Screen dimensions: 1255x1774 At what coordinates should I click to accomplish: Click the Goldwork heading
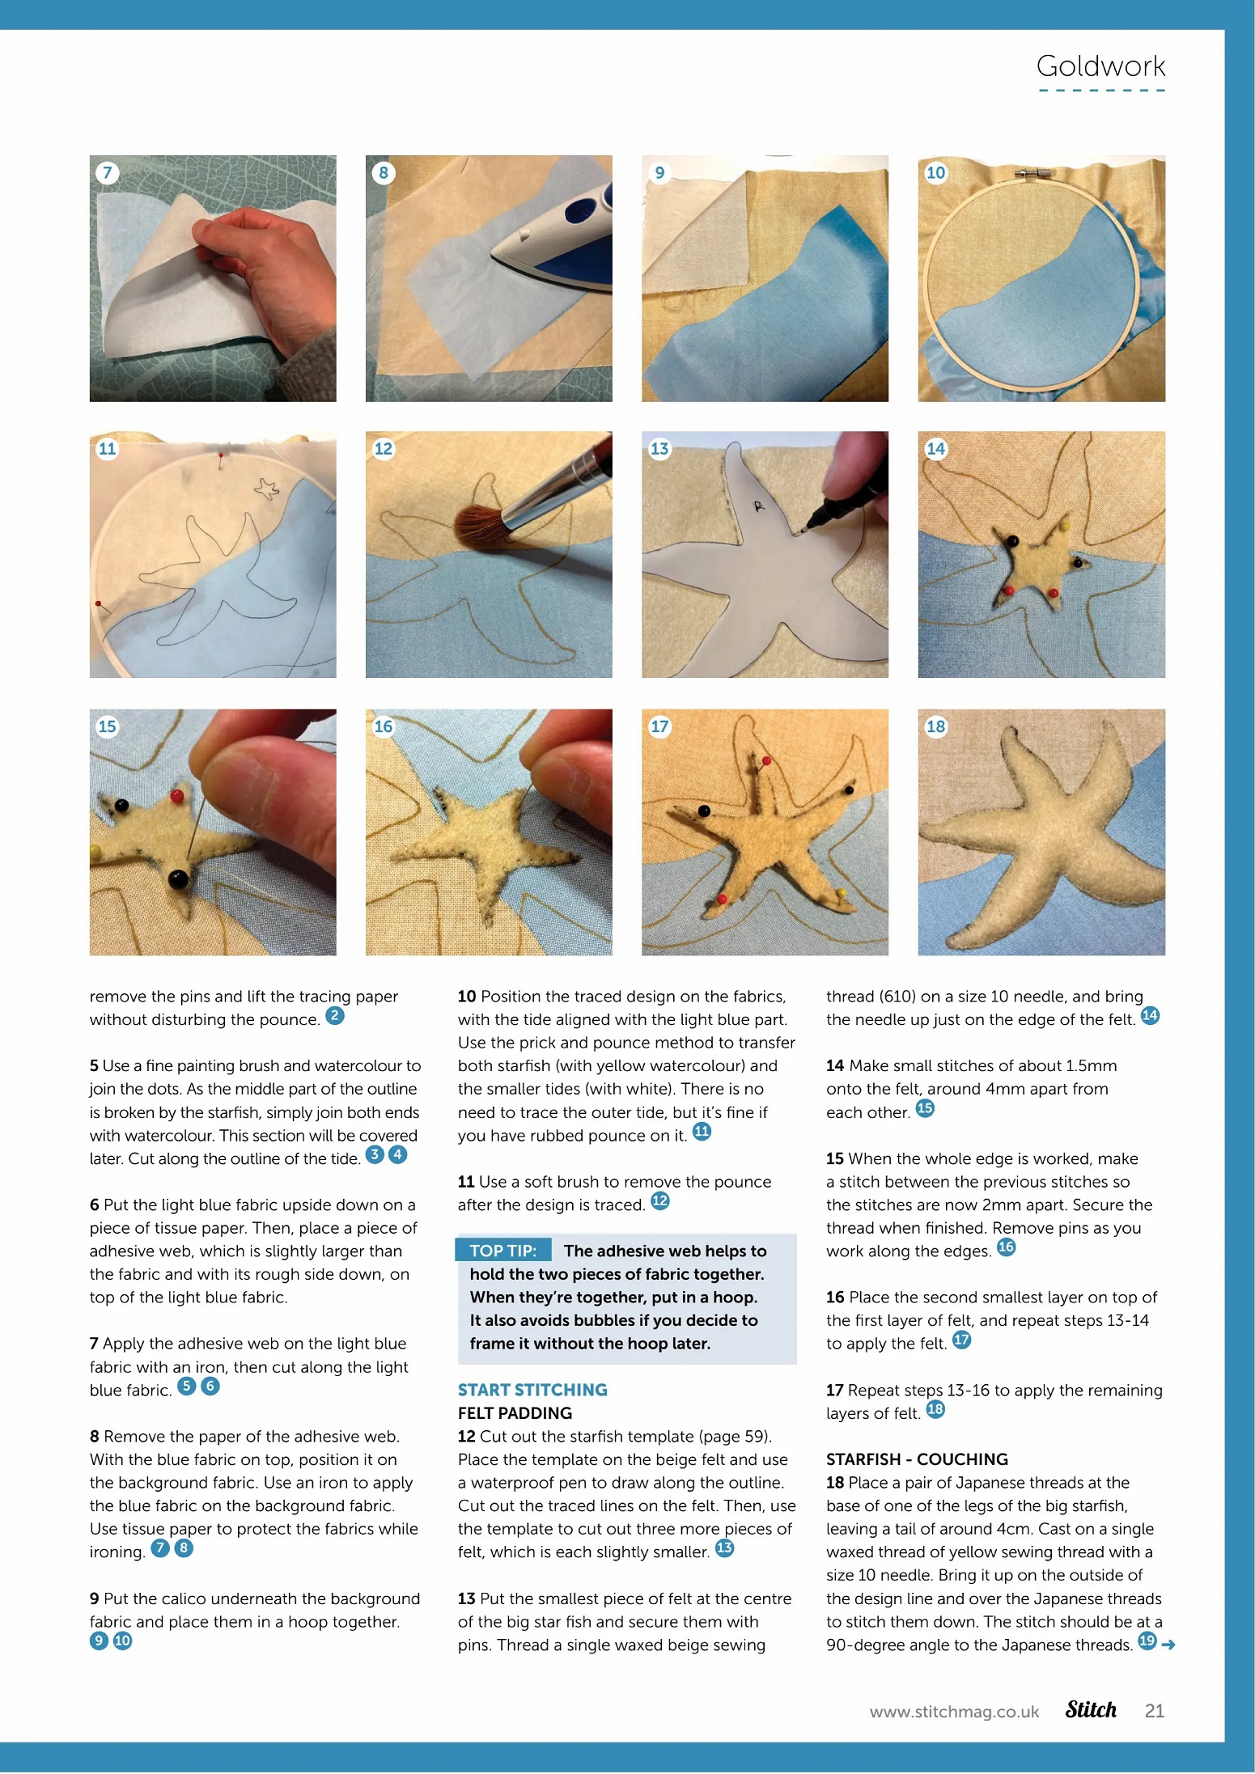pos(1100,66)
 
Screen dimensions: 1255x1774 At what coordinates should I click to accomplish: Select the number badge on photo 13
pos(659,449)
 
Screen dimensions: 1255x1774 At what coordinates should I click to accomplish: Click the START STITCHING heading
pos(532,1389)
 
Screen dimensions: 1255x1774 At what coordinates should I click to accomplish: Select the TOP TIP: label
pos(502,1251)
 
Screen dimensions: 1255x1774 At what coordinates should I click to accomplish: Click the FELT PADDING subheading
pos(515,1412)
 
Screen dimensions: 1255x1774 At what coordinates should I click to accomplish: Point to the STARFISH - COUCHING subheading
pos(917,1459)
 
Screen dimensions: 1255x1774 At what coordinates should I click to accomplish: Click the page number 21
pos(1155,1710)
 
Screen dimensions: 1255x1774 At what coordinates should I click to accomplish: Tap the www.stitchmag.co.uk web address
pos(954,1712)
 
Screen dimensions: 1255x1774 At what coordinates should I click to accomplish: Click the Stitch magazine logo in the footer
pos(1091,1709)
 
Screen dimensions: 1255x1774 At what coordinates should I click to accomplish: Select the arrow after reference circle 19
pos(1168,1645)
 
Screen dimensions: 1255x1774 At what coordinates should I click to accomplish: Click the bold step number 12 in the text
pos(466,1436)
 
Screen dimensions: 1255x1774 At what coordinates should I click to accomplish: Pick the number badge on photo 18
pos(935,726)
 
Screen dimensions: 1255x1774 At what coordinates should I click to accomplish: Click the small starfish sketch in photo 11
pos(266,487)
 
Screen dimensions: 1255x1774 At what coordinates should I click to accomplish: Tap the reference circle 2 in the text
pos(335,1015)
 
